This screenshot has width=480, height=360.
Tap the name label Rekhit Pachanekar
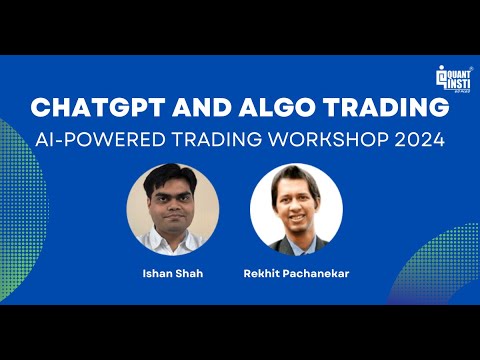[295, 271]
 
